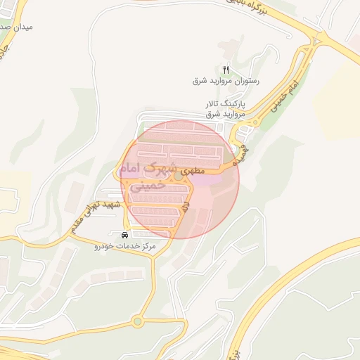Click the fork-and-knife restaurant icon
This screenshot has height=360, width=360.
point(226,70)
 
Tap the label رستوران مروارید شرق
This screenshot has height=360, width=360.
point(226,81)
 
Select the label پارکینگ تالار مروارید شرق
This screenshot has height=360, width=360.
point(226,108)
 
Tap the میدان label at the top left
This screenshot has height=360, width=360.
point(15,27)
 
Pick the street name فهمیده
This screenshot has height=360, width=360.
point(240,150)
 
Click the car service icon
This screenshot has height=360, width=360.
point(124,235)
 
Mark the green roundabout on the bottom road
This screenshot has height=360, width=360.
point(137,322)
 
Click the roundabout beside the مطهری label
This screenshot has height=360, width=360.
point(179,176)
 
